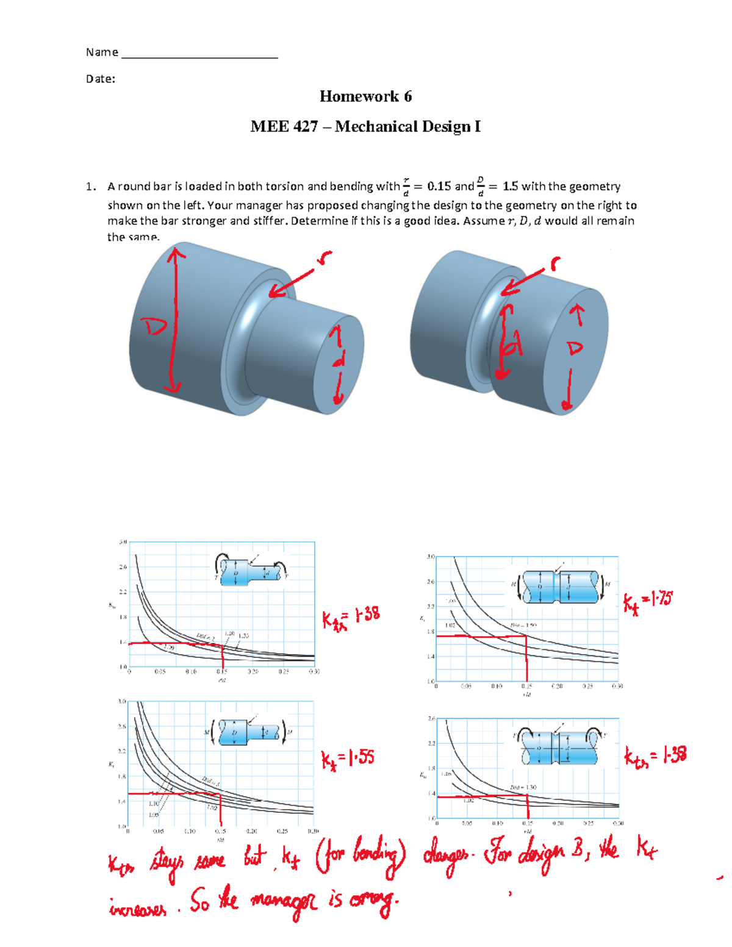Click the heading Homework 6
365,96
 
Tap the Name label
102,52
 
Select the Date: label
101,79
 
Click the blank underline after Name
199,56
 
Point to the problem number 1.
90,187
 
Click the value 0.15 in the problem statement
439,187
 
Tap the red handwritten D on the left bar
154,327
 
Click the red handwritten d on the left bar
337,361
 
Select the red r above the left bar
325,259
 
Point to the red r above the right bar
554,263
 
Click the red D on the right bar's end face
575,349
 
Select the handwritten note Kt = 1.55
348,759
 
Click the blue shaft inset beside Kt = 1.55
251,732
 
